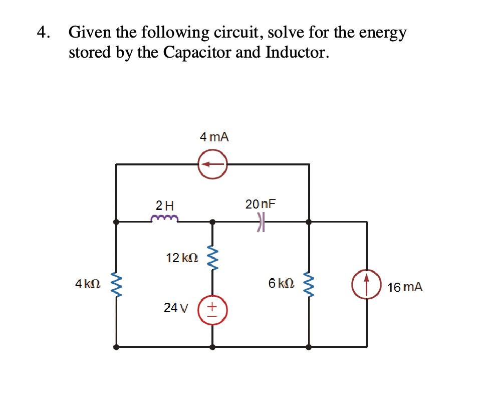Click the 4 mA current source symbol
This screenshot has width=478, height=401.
pos(212,164)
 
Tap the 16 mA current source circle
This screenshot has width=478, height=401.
pos(367,283)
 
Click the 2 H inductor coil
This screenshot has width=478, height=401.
pos(163,219)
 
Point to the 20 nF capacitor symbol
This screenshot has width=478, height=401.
pos(260,221)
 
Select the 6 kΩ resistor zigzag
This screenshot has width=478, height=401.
pos(309,284)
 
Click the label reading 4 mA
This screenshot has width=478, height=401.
pos(214,136)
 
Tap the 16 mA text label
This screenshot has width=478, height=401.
pos(405,287)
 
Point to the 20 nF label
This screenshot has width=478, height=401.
pos(261,204)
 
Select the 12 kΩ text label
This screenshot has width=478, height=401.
pos(182,258)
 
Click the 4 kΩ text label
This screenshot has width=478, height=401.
pos(88,284)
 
